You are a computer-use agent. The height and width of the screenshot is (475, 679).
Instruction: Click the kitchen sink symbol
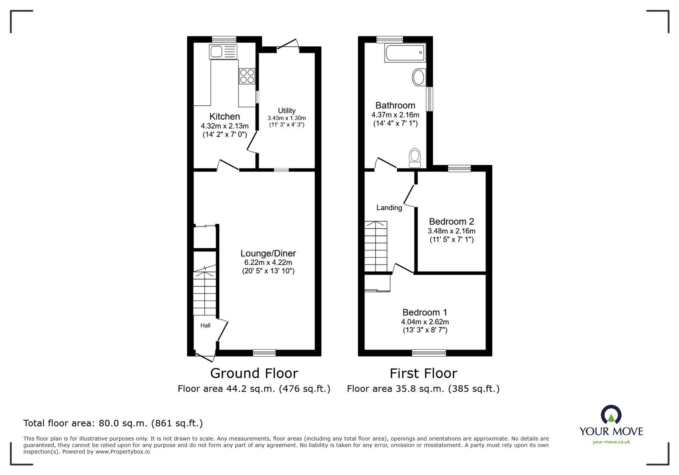[x=222, y=53]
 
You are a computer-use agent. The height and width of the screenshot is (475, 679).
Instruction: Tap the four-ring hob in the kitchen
[x=247, y=76]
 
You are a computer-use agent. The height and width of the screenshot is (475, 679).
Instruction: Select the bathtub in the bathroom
[x=404, y=53]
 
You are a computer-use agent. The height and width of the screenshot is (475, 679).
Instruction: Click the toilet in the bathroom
[x=415, y=157]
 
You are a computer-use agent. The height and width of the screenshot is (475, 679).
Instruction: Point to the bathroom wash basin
[x=418, y=78]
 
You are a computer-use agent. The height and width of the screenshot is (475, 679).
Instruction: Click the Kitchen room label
[x=224, y=116]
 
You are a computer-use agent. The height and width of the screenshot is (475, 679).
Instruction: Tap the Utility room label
[x=286, y=111]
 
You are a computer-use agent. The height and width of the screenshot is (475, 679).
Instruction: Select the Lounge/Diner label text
[x=268, y=253]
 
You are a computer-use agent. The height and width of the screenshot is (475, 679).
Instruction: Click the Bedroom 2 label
[x=451, y=222]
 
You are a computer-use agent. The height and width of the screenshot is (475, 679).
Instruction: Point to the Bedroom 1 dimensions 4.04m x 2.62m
[x=425, y=322]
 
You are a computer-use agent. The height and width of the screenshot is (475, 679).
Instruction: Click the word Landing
[x=389, y=208]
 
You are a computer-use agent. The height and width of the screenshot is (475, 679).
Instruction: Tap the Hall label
[x=205, y=326]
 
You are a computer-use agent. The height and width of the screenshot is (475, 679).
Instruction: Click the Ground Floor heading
[x=254, y=373]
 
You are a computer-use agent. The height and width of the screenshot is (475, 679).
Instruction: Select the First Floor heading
[x=423, y=373]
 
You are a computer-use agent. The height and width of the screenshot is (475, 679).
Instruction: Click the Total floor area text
[x=113, y=423]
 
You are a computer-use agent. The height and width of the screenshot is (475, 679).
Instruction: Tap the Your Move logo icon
[x=611, y=415]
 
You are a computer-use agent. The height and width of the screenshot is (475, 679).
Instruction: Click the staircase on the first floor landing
[x=376, y=246]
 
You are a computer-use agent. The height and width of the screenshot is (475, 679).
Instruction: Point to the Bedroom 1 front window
[x=429, y=352]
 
